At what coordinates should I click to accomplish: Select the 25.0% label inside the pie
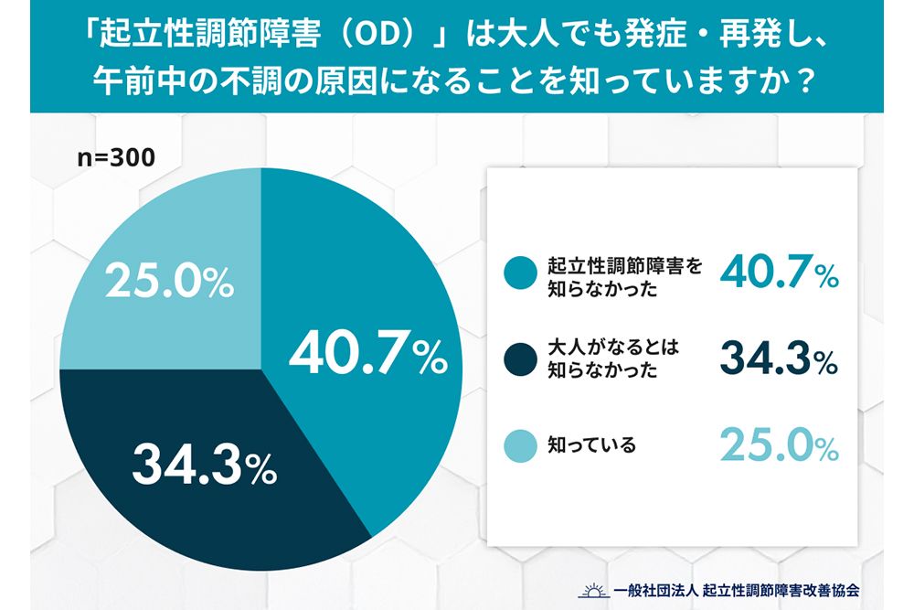168,284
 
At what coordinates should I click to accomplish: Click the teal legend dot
519,273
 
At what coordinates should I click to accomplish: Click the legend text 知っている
590,446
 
